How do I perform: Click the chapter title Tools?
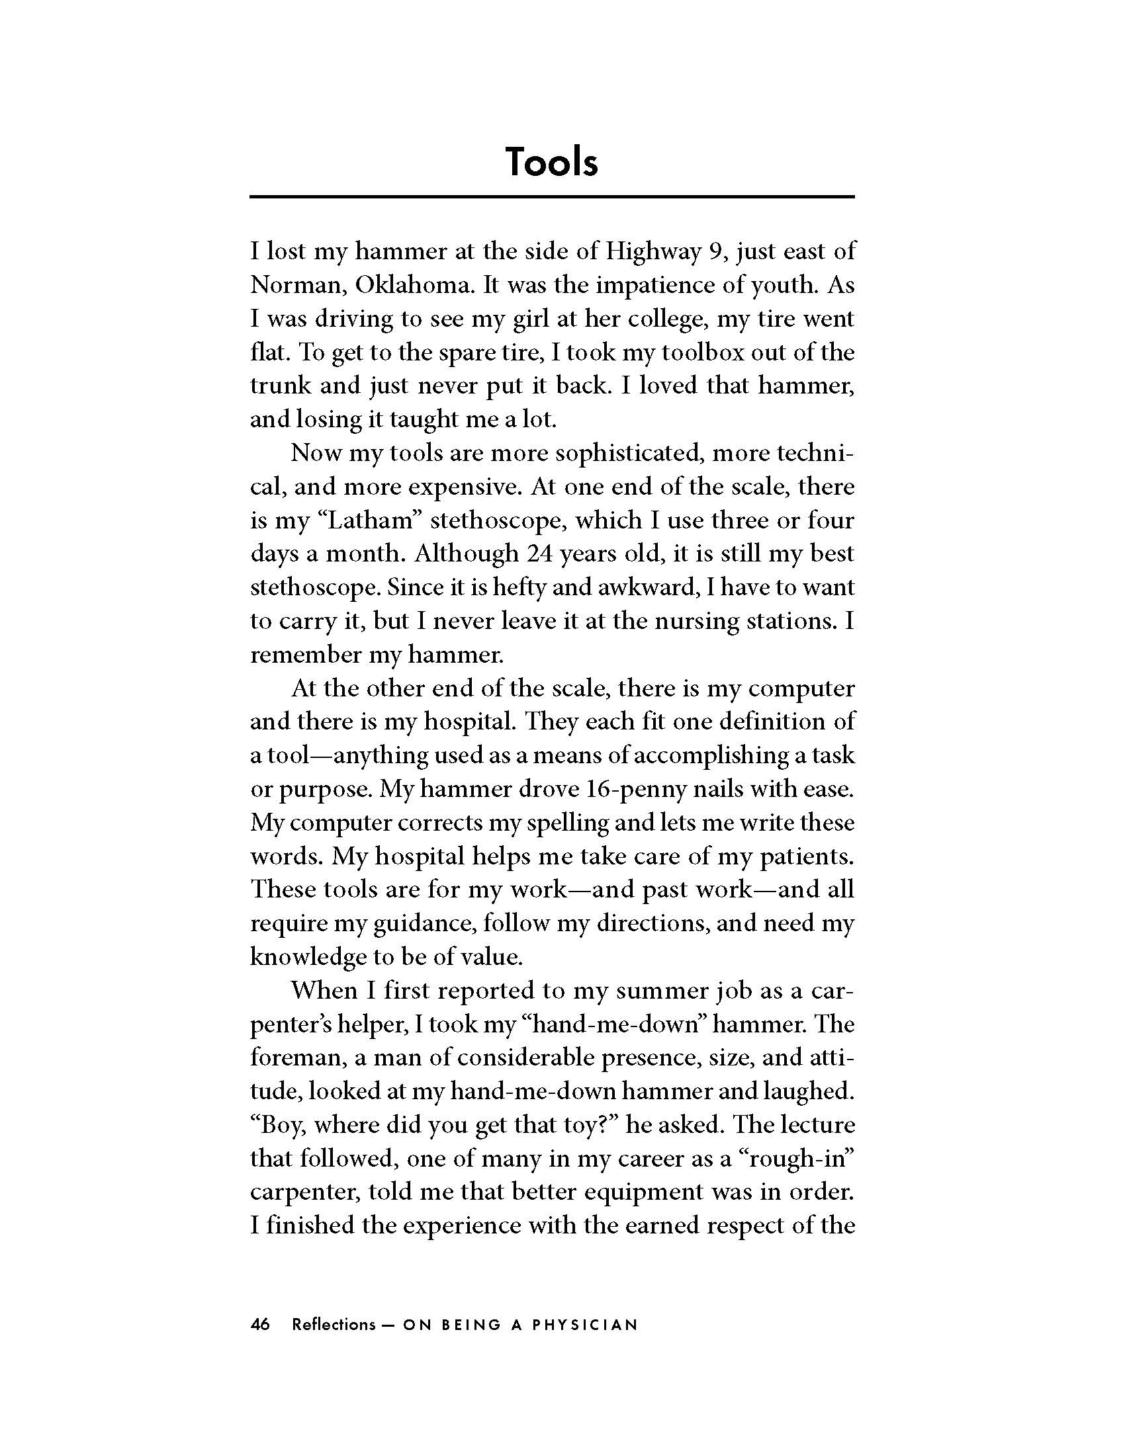[551, 162]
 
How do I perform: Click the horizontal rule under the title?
[551, 196]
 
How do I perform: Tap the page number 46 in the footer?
[261, 1325]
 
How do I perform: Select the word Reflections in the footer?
[334, 1325]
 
